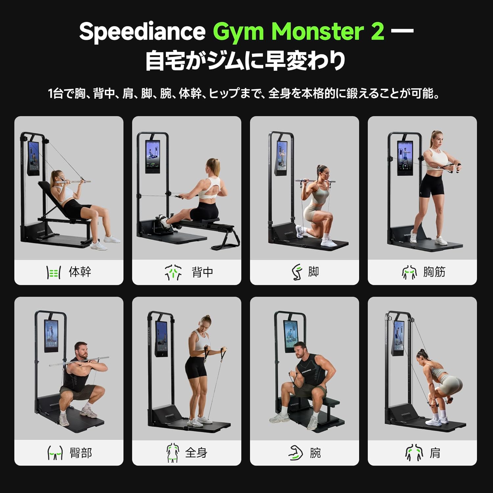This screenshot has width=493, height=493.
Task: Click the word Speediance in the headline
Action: pyautogui.click(x=142, y=32)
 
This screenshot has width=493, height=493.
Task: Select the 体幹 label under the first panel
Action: pyautogui.click(x=80, y=272)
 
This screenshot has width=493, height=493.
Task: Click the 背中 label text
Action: pyautogui.click(x=202, y=272)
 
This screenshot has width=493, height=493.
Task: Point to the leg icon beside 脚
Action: pyautogui.click(x=297, y=272)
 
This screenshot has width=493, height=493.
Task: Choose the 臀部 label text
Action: pyautogui.click(x=81, y=453)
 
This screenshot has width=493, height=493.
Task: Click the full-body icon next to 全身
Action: pyautogui.click(x=173, y=453)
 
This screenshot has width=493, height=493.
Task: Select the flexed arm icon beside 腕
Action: pyautogui.click(x=295, y=453)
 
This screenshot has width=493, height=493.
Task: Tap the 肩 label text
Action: pyautogui.click(x=435, y=453)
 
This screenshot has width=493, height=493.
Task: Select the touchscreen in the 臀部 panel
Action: pyautogui.click(x=51, y=336)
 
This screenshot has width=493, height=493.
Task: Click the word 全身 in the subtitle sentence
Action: pyautogui.click(x=279, y=94)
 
